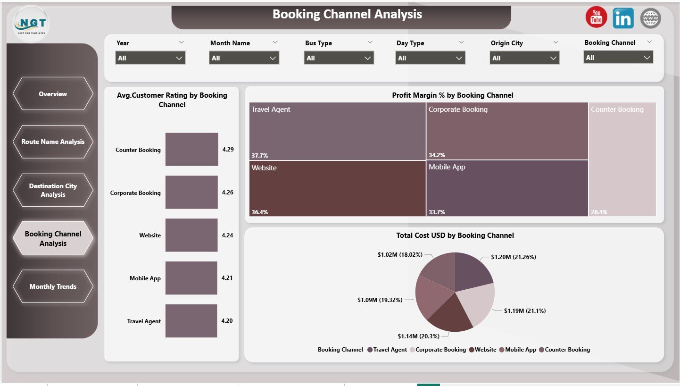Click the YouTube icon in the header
pyautogui.click(x=596, y=18)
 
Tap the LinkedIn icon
pyautogui.click(x=623, y=18)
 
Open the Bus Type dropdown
pyautogui.click(x=339, y=58)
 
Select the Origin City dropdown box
pyautogui.click(x=524, y=58)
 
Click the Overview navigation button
pyautogui.click(x=53, y=94)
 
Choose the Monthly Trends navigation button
pyautogui.click(x=53, y=286)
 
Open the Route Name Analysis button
pyautogui.click(x=53, y=142)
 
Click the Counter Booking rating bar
pyautogui.click(x=191, y=150)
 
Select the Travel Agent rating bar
pyautogui.click(x=191, y=321)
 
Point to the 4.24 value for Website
pyautogui.click(x=227, y=235)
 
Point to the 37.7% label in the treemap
pyautogui.click(x=260, y=155)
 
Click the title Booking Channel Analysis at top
pyautogui.click(x=347, y=14)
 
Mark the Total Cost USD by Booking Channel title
pyautogui.click(x=455, y=235)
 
